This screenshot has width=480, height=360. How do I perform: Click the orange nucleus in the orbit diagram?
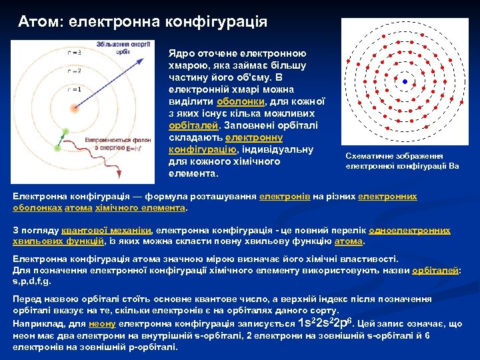tap(75, 107)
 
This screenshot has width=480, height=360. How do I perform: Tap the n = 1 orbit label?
tap(75, 89)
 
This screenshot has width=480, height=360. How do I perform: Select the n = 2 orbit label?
tap(75, 71)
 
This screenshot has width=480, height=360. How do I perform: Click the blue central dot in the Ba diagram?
tap(405, 82)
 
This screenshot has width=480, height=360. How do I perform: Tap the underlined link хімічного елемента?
tap(147, 207)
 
